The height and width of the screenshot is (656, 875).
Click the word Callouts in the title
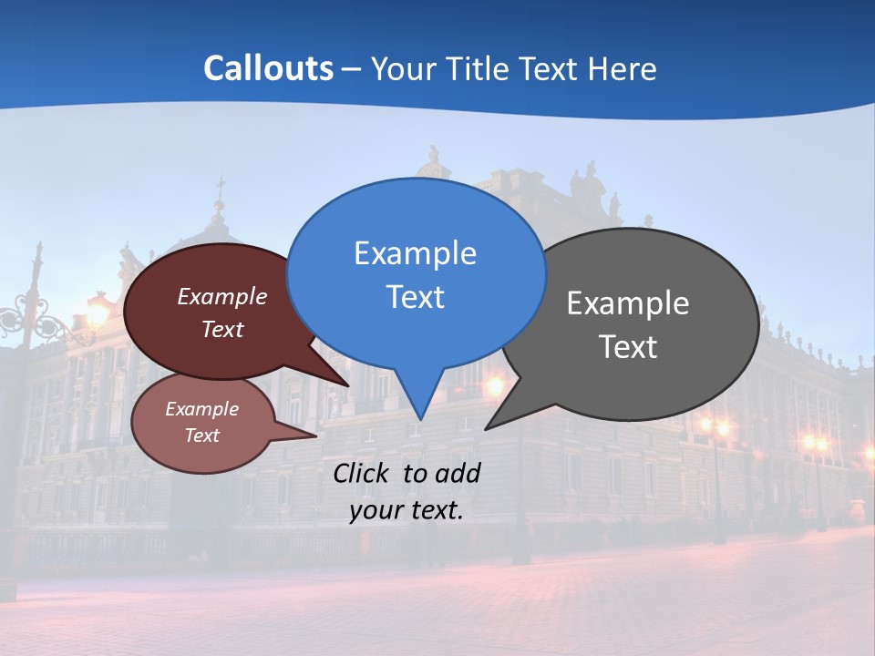point(268,68)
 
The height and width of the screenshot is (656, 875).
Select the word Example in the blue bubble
point(415,253)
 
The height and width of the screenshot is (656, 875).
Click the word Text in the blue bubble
point(415,297)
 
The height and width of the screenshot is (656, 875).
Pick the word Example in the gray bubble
point(628,303)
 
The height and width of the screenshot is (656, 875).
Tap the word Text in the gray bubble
point(628,347)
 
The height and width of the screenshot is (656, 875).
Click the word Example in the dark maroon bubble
point(222,296)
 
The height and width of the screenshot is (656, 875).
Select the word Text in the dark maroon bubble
point(222,329)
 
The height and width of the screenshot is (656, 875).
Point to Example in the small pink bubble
point(201,409)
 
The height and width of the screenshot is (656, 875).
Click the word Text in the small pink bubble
point(201,436)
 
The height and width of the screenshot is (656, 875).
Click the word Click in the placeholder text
point(363,473)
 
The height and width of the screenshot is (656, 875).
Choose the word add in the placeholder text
point(457,473)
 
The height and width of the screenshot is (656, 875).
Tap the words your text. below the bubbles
point(407,510)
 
